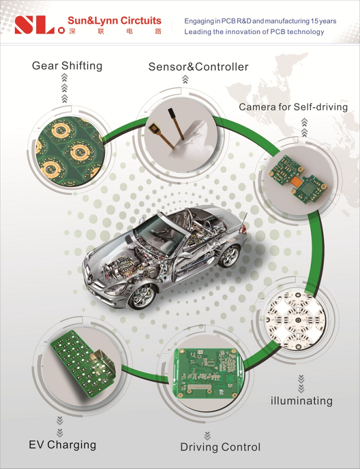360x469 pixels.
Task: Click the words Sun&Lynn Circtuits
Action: (115, 20)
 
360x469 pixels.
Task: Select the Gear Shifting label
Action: (67, 66)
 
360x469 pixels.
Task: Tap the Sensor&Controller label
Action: (199, 67)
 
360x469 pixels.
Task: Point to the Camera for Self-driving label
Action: (293, 107)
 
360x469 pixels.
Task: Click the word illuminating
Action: (301, 401)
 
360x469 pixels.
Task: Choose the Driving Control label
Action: (220, 447)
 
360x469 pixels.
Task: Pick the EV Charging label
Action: (62, 445)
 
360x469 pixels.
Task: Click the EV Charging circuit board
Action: (83, 364)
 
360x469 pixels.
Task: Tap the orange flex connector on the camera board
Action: (297, 181)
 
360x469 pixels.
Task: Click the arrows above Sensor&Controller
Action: (185, 79)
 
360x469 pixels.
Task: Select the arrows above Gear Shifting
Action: (64, 89)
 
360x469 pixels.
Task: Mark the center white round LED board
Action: (298, 320)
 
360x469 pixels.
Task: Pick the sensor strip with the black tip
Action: (176, 124)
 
